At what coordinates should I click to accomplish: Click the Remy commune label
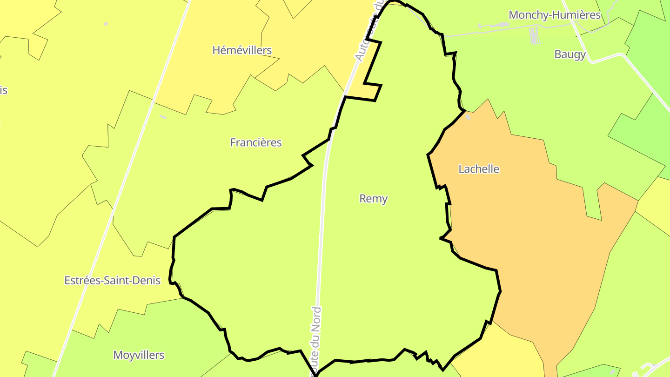click(x=373, y=199)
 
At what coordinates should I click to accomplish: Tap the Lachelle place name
click(x=479, y=169)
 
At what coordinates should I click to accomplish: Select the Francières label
click(x=256, y=142)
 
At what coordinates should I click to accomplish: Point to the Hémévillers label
click(x=242, y=50)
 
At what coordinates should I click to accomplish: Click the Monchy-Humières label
click(x=555, y=15)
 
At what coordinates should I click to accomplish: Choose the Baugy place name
click(x=570, y=54)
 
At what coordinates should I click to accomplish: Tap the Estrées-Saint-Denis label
click(x=112, y=280)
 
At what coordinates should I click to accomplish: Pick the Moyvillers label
click(x=139, y=355)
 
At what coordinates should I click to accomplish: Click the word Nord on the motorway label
click(x=316, y=321)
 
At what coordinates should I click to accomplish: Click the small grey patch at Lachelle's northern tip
click(x=468, y=118)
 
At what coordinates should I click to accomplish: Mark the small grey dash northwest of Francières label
click(x=163, y=116)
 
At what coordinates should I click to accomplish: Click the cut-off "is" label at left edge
click(x=3, y=90)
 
